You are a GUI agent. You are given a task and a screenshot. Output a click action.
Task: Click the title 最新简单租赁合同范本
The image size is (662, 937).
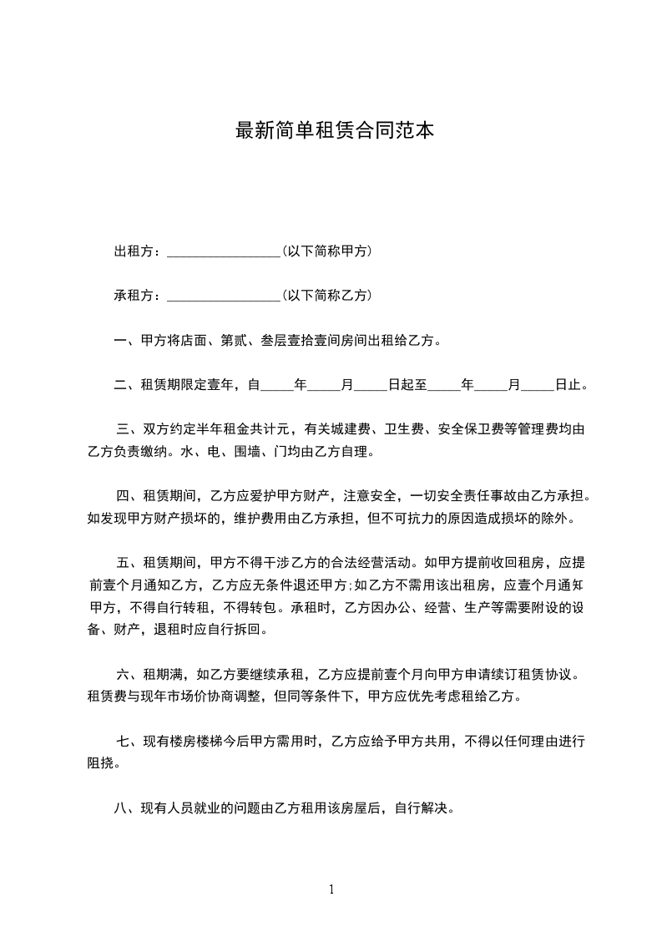[x=335, y=131]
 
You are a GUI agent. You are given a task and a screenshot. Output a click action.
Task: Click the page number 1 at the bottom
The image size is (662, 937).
[x=331, y=889]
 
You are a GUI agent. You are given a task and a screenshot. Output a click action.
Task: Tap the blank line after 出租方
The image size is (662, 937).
[x=224, y=252]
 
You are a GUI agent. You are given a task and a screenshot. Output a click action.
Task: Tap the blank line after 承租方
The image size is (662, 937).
[x=224, y=296]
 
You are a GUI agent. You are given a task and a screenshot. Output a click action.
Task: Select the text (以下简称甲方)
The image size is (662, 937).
[x=327, y=251]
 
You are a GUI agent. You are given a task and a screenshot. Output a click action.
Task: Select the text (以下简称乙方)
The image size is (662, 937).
[x=327, y=296]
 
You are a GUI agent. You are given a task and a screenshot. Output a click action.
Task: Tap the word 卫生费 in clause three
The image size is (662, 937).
[x=402, y=430]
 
